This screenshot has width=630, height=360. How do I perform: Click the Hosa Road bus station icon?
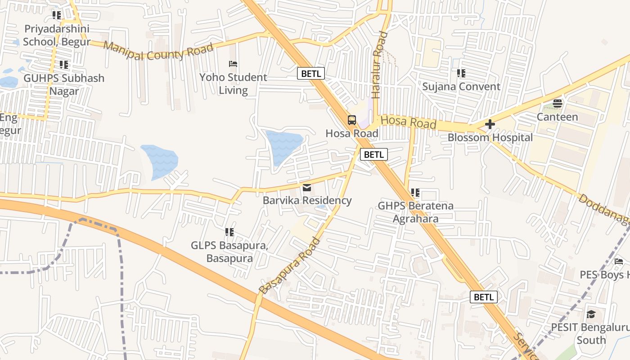pyautogui.click(x=352, y=120)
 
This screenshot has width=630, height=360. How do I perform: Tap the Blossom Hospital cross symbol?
pyautogui.click(x=490, y=124)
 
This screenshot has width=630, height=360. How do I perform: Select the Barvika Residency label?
pyautogui.click(x=307, y=200)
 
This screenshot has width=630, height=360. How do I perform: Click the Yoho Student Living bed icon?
pyautogui.click(x=233, y=64)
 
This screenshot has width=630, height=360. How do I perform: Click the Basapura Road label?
pyautogui.click(x=290, y=265)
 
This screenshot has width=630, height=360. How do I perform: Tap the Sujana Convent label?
pyautogui.click(x=461, y=86)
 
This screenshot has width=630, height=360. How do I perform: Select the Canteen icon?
pyautogui.click(x=558, y=103)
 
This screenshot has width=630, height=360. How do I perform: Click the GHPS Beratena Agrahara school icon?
pyautogui.click(x=415, y=193)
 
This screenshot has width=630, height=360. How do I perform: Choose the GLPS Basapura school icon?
pyautogui.click(x=229, y=232)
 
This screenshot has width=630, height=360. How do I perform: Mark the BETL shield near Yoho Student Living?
pyautogui.click(x=310, y=73)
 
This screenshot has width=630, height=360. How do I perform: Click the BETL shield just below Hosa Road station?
pyautogui.click(x=373, y=155)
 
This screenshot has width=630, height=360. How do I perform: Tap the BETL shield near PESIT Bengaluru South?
pyautogui.click(x=484, y=297)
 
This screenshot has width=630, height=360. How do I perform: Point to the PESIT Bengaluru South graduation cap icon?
pyautogui.click(x=591, y=314)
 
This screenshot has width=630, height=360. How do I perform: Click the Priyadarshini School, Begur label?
pyautogui.click(x=57, y=35)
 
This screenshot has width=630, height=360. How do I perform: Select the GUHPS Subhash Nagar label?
pyautogui.click(x=64, y=84)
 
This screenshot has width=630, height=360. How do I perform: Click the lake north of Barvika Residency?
pyautogui.click(x=283, y=146)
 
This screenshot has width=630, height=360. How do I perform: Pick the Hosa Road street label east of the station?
pyautogui.click(x=409, y=121)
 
